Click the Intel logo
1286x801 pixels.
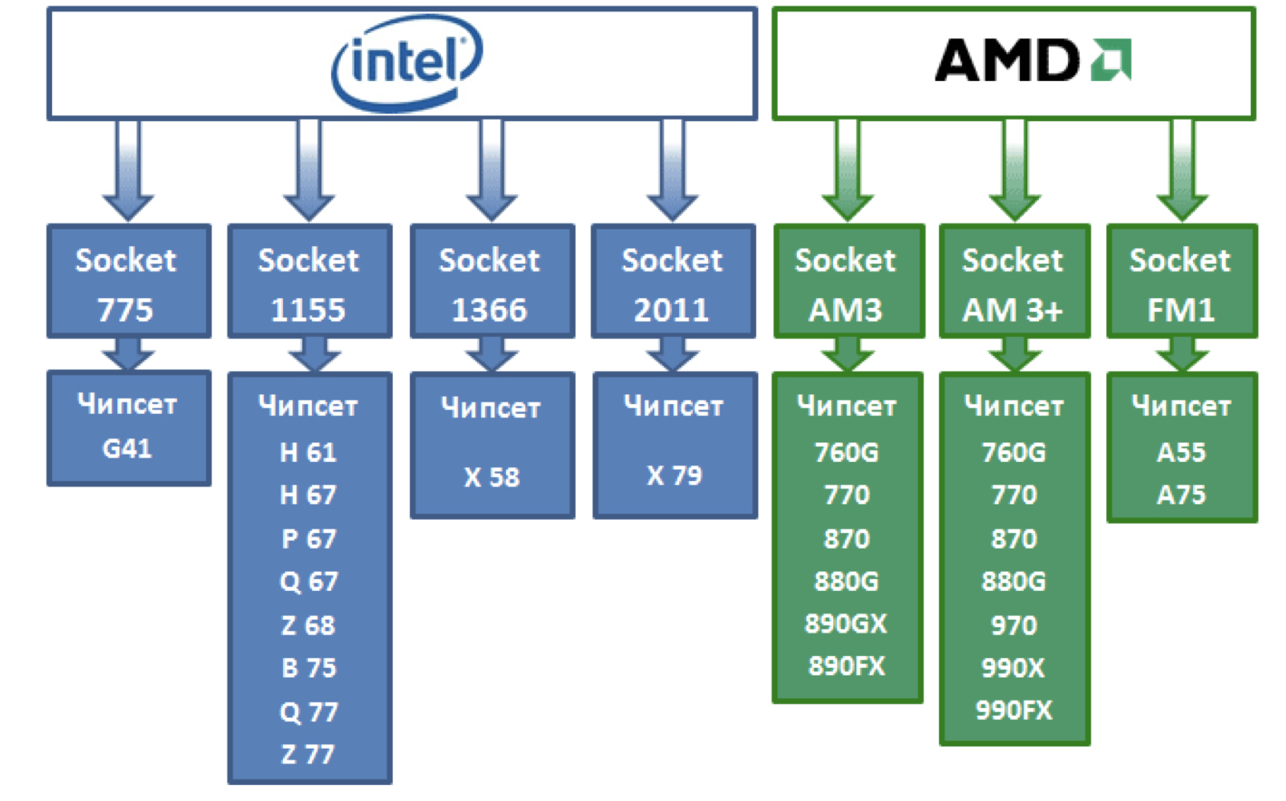tap(407, 62)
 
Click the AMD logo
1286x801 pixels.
tap(1033, 61)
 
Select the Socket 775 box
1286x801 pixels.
tap(128, 282)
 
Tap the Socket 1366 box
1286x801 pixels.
tap(491, 282)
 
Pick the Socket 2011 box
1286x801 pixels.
tap(673, 282)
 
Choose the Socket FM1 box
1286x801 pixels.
tap(1181, 282)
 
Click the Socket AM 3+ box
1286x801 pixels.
tap(1013, 282)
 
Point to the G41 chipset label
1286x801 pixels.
tap(127, 448)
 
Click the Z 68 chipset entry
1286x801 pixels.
tap(309, 625)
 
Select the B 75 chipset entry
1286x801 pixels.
tap(309, 668)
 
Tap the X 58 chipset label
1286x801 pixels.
tap(491, 478)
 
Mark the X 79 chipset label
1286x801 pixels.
tap(674, 475)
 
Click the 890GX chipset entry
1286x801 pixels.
tap(846, 624)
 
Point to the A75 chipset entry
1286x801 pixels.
tap(1181, 496)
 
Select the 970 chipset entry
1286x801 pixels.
tap(1013, 625)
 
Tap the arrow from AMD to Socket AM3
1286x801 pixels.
tap(847, 170)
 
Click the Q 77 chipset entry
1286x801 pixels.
tap(309, 712)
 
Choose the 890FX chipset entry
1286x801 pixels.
tap(846, 666)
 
